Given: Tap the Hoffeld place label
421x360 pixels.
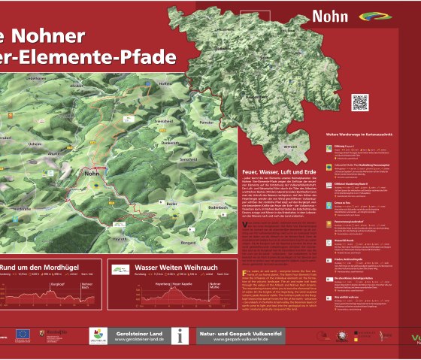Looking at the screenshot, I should [x=165, y=85].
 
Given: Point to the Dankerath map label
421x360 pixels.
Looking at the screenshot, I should [x=171, y=143].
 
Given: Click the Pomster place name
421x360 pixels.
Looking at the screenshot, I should [x=210, y=119].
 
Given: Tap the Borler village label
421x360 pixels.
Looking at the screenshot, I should [x=172, y=203].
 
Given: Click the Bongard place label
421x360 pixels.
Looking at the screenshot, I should [x=188, y=243].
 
